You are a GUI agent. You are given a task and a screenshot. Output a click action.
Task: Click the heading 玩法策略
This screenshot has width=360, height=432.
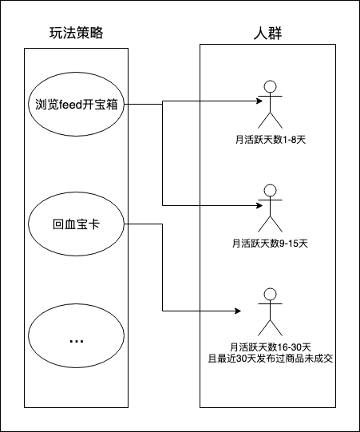[x=77, y=33]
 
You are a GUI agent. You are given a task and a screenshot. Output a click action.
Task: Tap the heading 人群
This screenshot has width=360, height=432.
[x=267, y=34]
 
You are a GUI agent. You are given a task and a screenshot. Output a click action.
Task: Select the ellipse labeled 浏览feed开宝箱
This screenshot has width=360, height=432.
[x=77, y=73]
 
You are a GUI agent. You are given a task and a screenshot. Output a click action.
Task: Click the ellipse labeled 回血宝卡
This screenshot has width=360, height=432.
[x=77, y=192]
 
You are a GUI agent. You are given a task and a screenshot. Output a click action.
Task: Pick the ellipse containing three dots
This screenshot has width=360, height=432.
[x=77, y=304]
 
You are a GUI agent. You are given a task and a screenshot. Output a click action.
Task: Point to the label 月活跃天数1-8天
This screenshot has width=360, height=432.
[x=271, y=140]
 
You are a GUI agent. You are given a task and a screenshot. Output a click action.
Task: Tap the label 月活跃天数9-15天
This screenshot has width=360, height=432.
[x=271, y=244]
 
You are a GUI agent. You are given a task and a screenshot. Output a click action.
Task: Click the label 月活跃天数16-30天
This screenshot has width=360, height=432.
[x=271, y=347]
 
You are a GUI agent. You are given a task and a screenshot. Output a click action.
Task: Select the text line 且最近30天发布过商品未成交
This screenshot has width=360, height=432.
[x=271, y=359]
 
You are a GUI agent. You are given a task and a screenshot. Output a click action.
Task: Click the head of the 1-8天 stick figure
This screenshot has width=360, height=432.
[x=271, y=86]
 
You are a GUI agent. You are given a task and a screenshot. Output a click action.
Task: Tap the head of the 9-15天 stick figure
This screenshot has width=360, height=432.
[x=271, y=190]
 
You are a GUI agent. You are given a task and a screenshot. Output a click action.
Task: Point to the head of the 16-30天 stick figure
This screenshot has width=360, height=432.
[x=271, y=294]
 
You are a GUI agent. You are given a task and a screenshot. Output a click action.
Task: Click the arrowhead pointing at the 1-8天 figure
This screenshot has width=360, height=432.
[x=259, y=101]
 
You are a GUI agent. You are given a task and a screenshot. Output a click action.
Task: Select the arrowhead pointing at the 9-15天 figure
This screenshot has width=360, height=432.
[x=259, y=205]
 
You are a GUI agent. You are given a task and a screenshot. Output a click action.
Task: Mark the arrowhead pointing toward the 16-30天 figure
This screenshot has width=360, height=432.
[x=238, y=311]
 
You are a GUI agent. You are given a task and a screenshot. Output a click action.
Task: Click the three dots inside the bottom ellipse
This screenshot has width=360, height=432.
[x=77, y=342]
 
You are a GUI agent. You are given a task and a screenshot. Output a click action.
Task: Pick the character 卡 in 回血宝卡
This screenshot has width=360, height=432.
[x=95, y=224]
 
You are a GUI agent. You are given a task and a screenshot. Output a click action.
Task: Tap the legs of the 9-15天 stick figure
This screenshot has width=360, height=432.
[x=271, y=224]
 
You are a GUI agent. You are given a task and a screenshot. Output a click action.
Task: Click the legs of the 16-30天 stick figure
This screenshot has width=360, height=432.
[x=271, y=328]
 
